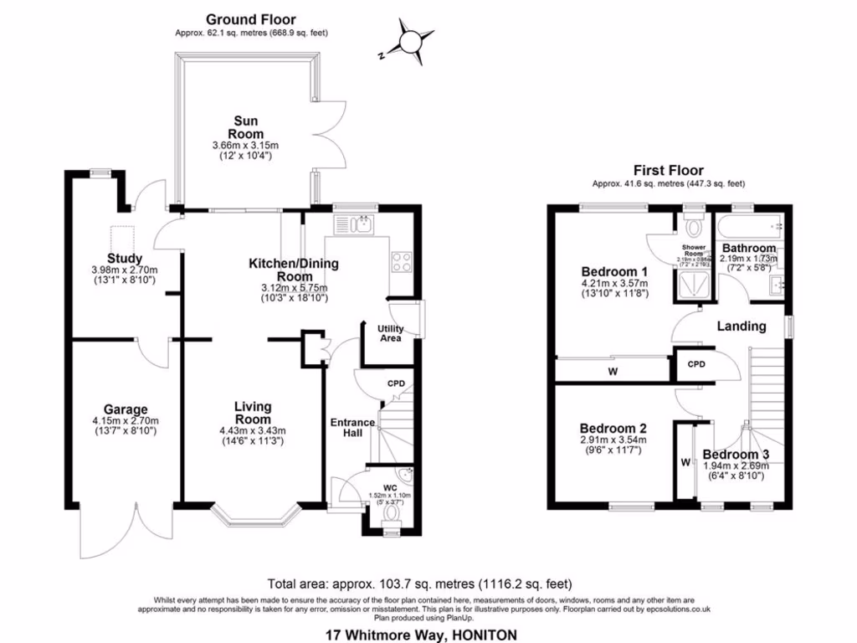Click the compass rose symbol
click(412, 42)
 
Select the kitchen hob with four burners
click(401, 261)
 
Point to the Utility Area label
click(390, 332)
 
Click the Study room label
click(125, 258)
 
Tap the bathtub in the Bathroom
click(749, 225)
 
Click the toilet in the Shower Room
click(693, 226)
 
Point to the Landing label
click(742, 326)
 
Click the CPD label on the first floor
click(695, 365)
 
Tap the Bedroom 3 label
click(735, 455)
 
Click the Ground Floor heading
click(250, 19)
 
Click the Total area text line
click(419, 584)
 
